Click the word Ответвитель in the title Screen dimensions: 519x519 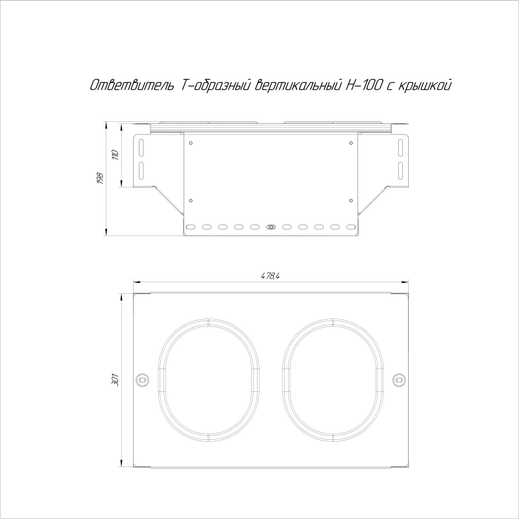[x=132, y=85]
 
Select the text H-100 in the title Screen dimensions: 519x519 [x=363, y=85]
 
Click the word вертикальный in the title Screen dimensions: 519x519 [x=298, y=86]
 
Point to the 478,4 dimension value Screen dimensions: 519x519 [x=270, y=276]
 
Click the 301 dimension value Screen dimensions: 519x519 [x=115, y=380]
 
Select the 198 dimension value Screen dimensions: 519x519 [x=101, y=178]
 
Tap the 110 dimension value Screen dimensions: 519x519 [x=115, y=154]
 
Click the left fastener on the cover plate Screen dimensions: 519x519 [x=143, y=380]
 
